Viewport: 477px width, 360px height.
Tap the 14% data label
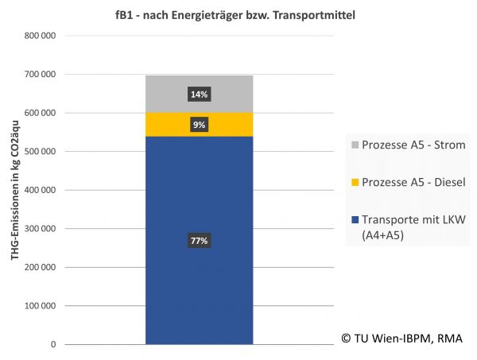[x=199, y=95]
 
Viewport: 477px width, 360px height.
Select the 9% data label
[x=199, y=125]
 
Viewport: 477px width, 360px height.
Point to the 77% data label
[x=199, y=241]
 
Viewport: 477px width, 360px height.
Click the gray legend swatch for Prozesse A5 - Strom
[x=354, y=145]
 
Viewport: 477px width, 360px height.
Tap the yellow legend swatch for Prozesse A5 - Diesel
[x=354, y=183]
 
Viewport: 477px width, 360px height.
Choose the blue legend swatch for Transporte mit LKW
[x=354, y=220]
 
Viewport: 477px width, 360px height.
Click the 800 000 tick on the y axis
[x=40, y=36]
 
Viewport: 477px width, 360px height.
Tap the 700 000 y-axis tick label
[x=40, y=75]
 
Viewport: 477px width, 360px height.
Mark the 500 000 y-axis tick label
[x=40, y=152]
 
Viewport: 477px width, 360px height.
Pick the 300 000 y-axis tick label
[x=40, y=229]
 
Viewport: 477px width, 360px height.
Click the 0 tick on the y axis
[x=52, y=345]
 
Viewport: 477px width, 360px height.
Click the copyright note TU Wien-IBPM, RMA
[x=401, y=339]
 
